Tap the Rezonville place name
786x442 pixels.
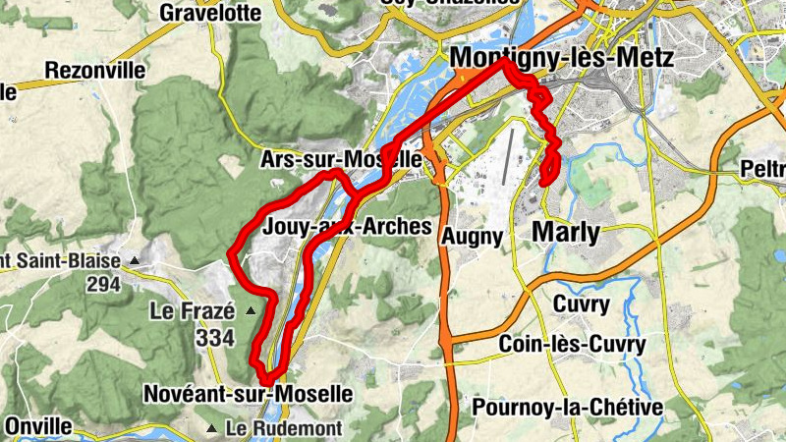[94, 71]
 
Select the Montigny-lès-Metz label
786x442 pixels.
[561, 59]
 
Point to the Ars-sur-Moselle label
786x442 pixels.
[341, 159]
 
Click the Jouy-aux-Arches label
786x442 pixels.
[348, 227]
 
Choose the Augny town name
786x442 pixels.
[473, 237]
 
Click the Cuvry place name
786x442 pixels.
[582, 304]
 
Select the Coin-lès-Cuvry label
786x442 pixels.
[572, 345]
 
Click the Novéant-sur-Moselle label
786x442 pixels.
[248, 394]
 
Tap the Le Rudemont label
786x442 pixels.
[283, 428]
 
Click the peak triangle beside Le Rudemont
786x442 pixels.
[212, 428]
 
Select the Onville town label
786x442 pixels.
[38, 427]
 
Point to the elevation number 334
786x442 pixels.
[215, 339]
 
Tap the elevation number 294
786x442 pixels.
[102, 286]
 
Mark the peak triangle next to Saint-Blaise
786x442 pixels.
[135, 261]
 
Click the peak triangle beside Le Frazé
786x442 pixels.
[250, 311]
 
